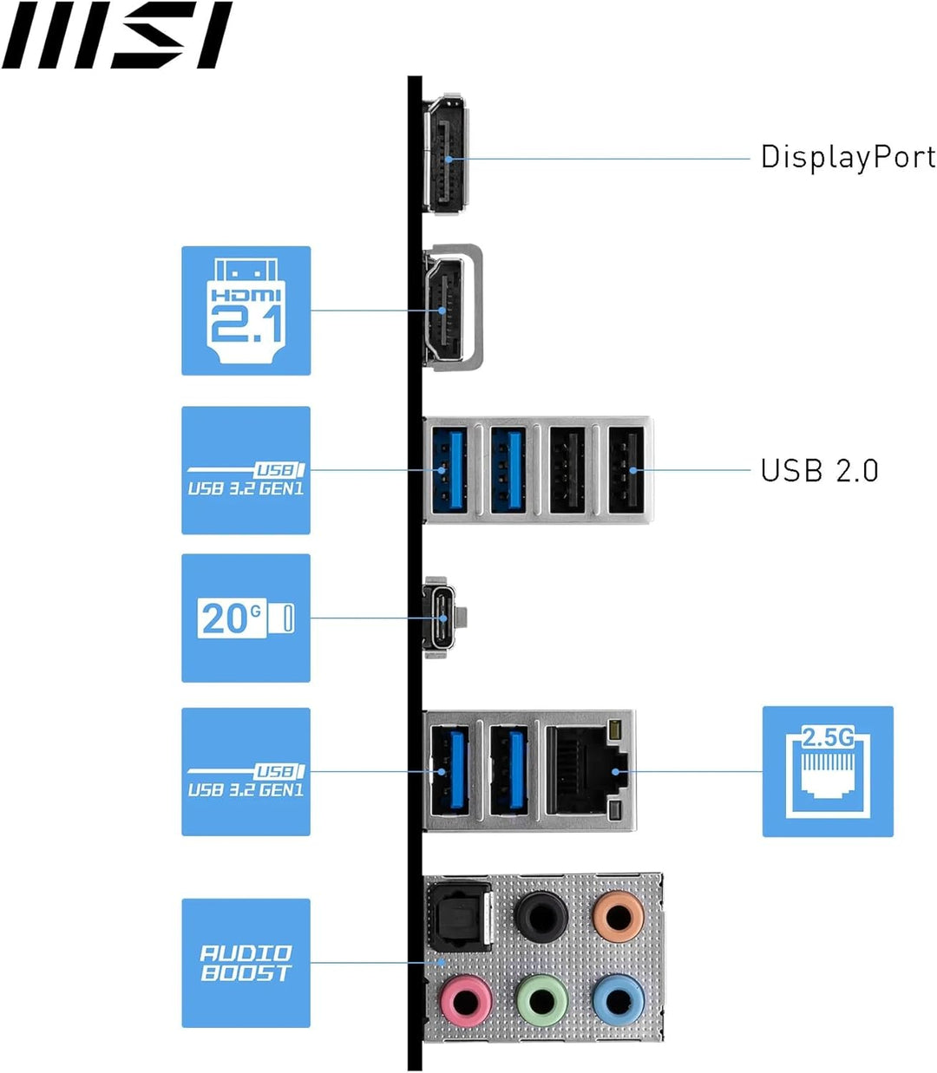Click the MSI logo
[x=116, y=36]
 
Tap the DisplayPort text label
[x=848, y=157]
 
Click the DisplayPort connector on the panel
[x=445, y=154]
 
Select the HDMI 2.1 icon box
[x=246, y=311]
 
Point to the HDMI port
[x=445, y=308]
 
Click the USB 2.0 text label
[x=819, y=470]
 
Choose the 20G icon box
[x=246, y=618]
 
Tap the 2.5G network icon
[x=828, y=771]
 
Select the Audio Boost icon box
[x=246, y=963]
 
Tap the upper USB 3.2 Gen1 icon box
[x=246, y=470]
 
